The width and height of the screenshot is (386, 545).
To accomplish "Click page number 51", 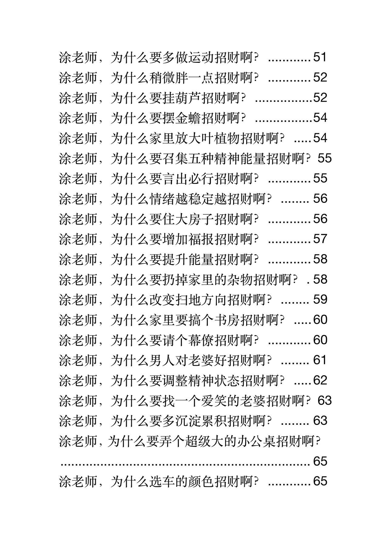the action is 320,57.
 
